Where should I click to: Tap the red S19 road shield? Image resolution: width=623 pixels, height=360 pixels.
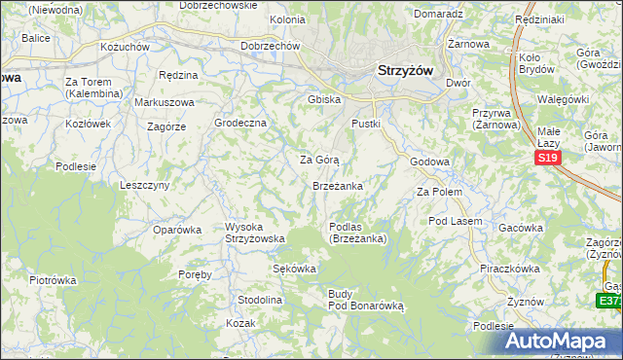[547, 159]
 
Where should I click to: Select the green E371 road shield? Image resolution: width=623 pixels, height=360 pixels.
[610, 302]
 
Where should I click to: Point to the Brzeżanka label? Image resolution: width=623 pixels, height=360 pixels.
[338, 185]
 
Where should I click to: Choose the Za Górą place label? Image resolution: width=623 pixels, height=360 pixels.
[318, 159]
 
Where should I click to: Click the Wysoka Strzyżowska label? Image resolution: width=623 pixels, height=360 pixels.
[254, 233]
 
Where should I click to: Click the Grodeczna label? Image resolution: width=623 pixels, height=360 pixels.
[239, 124]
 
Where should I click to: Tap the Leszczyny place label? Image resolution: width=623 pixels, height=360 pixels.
[145, 184]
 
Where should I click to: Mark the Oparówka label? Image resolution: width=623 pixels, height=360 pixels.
[177, 230]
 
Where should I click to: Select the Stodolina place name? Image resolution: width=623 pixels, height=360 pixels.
[260, 300]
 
